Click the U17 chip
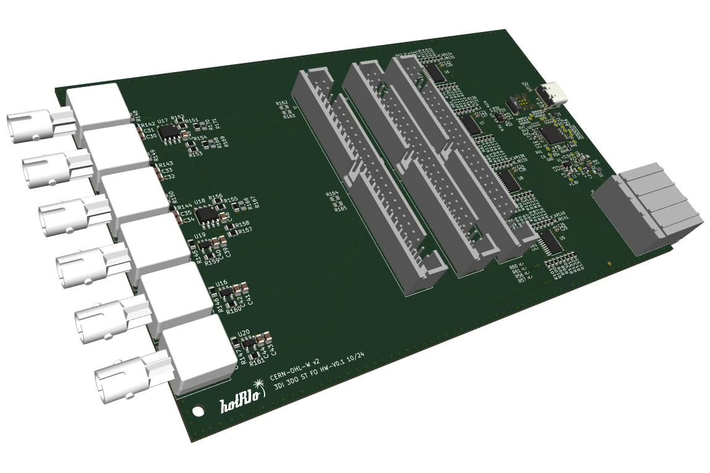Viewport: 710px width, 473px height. [168, 131]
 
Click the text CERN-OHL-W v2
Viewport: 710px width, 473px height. [295, 368]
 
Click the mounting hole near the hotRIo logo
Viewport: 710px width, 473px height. [199, 410]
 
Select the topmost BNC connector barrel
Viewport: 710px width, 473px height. [31, 126]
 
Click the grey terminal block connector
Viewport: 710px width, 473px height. [648, 207]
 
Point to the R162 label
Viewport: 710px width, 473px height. [282, 103]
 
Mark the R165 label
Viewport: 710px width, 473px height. [341, 209]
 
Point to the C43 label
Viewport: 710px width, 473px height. [272, 350]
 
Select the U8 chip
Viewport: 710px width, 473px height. [510, 180]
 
